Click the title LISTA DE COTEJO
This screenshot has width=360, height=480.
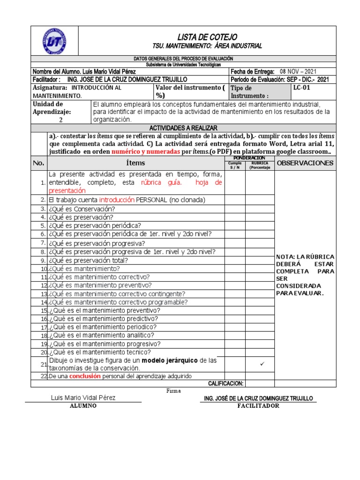pyautogui.click(x=207, y=37)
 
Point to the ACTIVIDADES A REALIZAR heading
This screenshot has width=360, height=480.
pyautogui.click(x=183, y=128)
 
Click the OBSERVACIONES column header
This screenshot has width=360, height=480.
pyautogui.click(x=305, y=163)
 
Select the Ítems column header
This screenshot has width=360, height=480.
pyautogui.click(x=135, y=163)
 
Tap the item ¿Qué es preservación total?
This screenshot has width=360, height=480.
pyautogui.click(x=88, y=260)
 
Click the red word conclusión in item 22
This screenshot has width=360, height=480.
pyautogui.click(x=85, y=376)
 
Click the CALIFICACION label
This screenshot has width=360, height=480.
pyautogui.click(x=225, y=383)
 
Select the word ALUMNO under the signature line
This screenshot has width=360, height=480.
pyautogui.click(x=83, y=406)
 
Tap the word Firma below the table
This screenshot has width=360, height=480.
pyautogui.click(x=173, y=391)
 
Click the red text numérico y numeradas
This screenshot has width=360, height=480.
pyautogui.click(x=146, y=152)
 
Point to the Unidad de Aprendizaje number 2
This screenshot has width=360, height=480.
pyautogui.click(x=60, y=120)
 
